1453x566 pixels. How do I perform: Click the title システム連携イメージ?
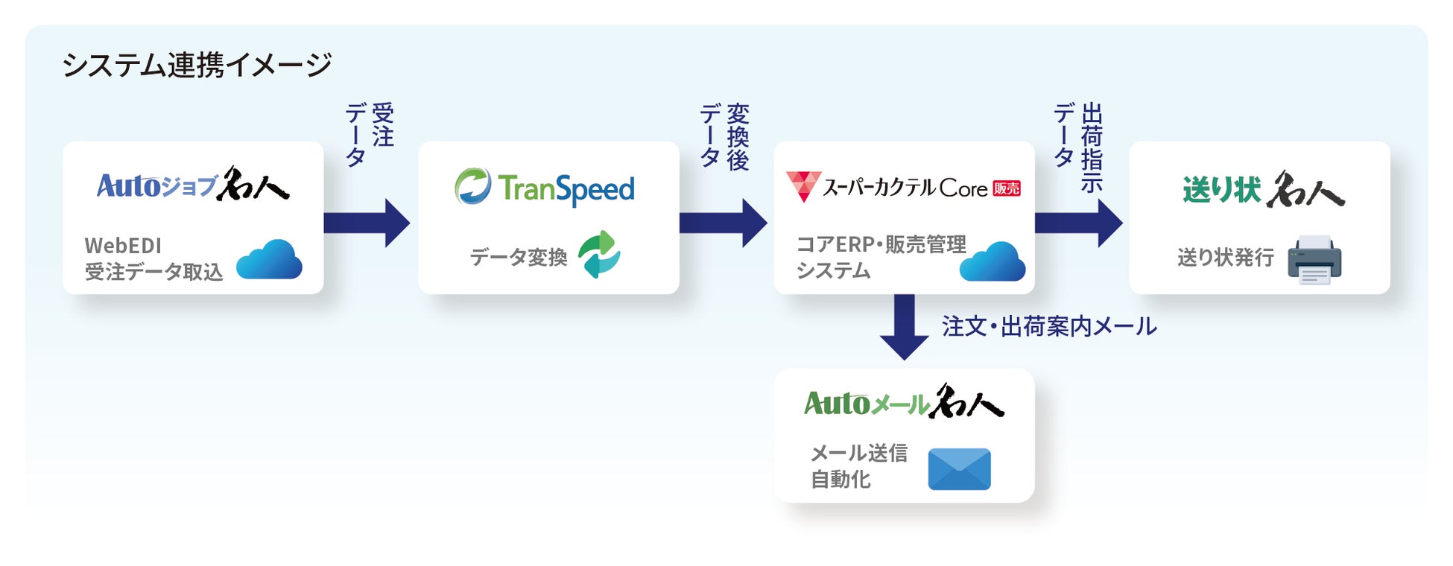197,65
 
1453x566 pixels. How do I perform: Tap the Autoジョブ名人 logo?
193,185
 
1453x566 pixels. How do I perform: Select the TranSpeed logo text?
566,188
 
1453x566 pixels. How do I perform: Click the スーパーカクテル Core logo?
903,187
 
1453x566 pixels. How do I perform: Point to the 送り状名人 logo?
1263,189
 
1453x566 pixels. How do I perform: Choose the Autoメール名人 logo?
904,402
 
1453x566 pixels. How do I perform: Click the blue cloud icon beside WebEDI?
269,260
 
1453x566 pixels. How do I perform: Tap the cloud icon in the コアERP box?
992,262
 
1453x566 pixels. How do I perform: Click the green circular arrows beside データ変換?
599,254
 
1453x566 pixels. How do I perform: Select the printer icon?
1314,260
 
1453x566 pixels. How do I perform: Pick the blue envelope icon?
959,469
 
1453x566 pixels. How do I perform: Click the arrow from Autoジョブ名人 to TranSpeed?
367,223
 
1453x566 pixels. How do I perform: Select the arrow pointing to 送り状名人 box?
1078,223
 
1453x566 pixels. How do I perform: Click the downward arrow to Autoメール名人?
904,327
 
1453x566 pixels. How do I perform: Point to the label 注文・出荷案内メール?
1049,326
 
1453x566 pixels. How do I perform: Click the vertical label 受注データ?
370,134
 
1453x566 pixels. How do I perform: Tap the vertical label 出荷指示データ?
1078,145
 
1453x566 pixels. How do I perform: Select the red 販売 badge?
1007,189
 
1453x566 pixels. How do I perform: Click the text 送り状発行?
1226,258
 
